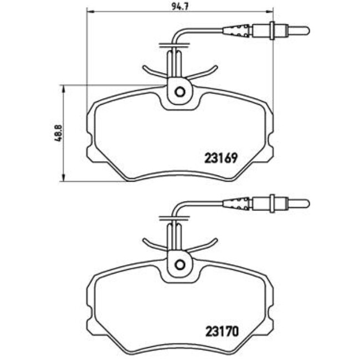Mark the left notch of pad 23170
click(90, 326)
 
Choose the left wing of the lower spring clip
click(152, 243)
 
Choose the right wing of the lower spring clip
click(206, 243)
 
